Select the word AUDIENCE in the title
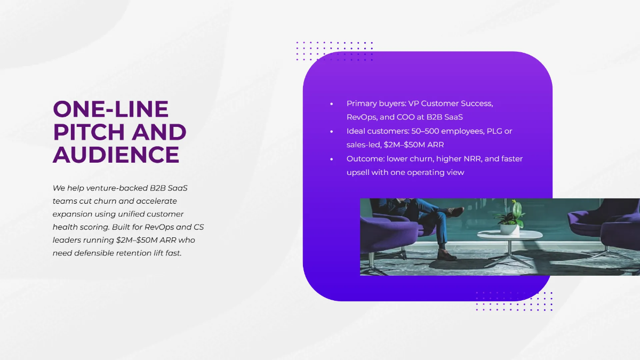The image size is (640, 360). (x=116, y=154)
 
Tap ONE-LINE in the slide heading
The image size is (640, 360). (x=110, y=109)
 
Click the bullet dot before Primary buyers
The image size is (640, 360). (x=332, y=103)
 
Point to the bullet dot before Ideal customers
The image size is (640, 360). (x=332, y=131)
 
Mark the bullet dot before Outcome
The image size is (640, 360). (x=332, y=159)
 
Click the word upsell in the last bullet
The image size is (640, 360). (x=358, y=172)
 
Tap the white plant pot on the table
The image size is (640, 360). (x=509, y=229)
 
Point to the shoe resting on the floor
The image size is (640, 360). (x=446, y=254)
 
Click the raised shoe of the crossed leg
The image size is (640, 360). (x=456, y=211)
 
